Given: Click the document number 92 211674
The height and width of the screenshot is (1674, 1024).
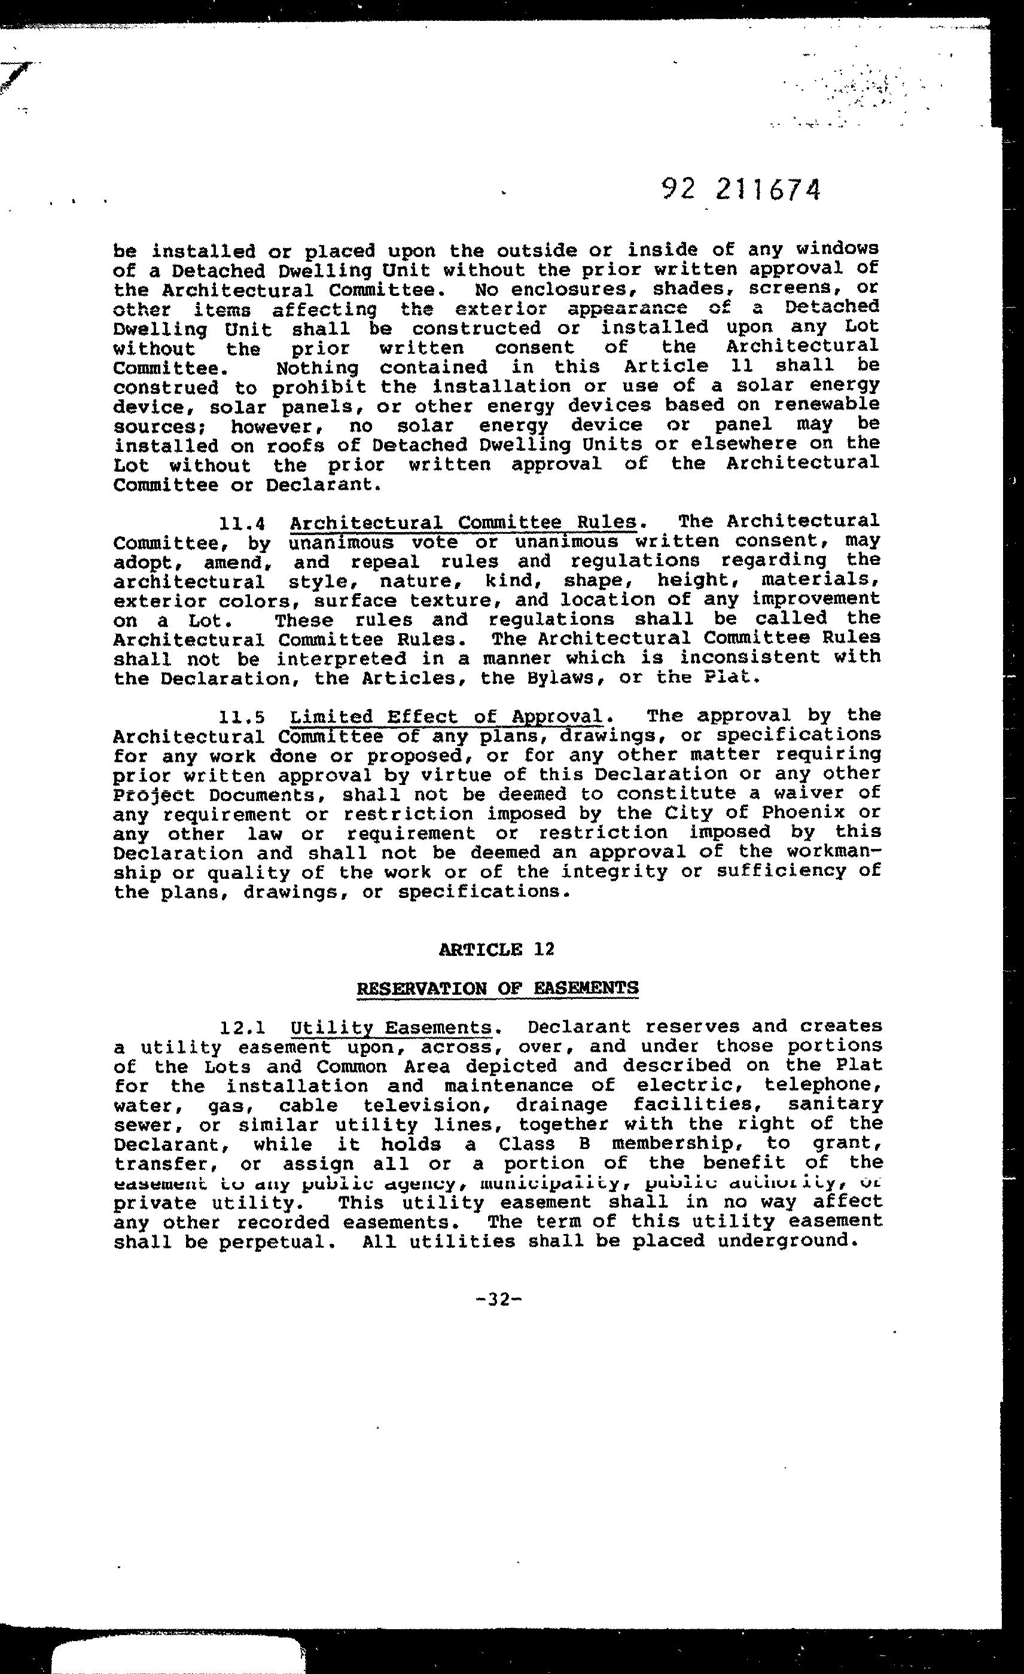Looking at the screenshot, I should pyautogui.click(x=740, y=190).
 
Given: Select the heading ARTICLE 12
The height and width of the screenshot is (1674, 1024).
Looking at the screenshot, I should pyautogui.click(x=498, y=948).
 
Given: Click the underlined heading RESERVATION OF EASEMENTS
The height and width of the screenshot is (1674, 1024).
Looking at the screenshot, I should pyautogui.click(x=498, y=987).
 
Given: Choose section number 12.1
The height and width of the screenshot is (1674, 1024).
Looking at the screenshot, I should pyautogui.click(x=241, y=1028).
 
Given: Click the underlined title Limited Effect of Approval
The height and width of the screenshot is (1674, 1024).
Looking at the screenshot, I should pyautogui.click(x=446, y=717).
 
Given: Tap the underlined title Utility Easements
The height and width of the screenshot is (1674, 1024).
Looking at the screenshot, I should pyautogui.click(x=391, y=1028).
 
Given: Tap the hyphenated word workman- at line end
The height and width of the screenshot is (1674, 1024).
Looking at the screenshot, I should pyautogui.click(x=834, y=851).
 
